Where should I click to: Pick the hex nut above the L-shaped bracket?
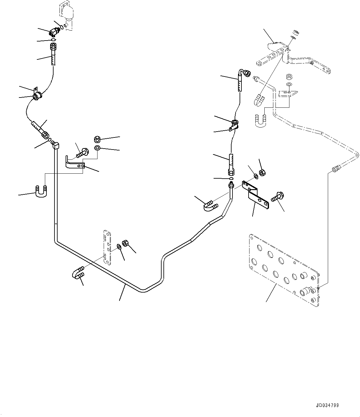(97, 139)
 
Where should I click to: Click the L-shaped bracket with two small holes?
(75, 162)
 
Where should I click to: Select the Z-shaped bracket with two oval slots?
(255, 194)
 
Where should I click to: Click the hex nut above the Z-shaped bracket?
(262, 173)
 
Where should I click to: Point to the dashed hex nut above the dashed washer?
(289, 77)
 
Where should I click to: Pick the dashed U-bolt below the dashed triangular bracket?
(261, 121)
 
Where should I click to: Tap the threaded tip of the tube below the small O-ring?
(231, 185)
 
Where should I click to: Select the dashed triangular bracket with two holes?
(288, 93)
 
